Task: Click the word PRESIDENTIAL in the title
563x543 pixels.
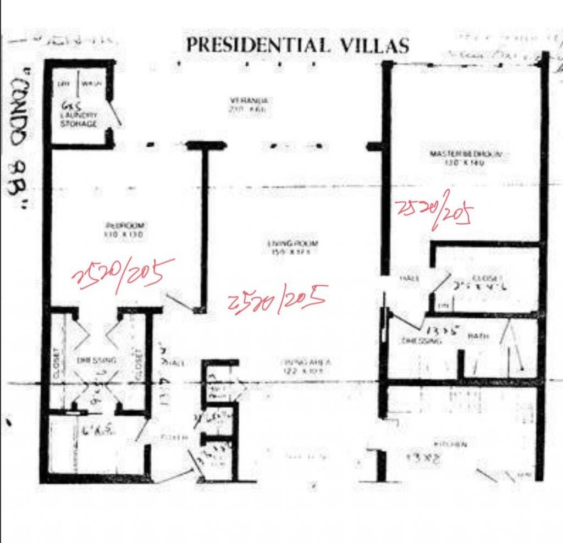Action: pos(258,45)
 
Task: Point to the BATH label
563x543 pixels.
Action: pos(476,336)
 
